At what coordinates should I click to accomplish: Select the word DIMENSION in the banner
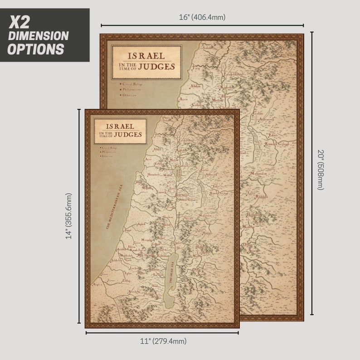(38, 36)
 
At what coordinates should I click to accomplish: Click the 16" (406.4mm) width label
(202, 17)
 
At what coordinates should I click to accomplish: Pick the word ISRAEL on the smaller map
(120, 126)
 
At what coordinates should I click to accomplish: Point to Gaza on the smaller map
(104, 274)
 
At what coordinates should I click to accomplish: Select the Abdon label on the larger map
(195, 85)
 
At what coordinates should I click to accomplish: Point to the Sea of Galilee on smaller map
(179, 171)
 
